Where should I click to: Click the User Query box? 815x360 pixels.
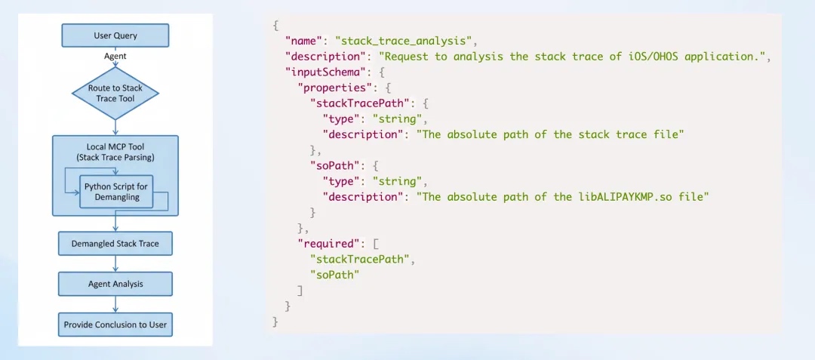pos(115,35)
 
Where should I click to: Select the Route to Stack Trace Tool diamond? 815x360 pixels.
pos(115,93)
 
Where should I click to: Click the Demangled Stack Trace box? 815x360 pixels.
pos(115,244)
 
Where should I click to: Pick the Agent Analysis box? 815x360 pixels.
pos(115,285)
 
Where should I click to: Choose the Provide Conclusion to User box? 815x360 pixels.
pos(115,325)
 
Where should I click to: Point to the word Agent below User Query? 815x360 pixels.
pos(115,56)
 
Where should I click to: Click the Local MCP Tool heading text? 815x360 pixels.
pos(115,146)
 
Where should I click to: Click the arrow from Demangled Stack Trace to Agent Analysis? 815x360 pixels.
pos(115,264)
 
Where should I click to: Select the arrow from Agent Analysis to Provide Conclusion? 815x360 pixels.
pos(115,304)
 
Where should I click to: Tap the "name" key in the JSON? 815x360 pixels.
pos(301,39)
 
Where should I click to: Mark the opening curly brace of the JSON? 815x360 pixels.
pos(275,24)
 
